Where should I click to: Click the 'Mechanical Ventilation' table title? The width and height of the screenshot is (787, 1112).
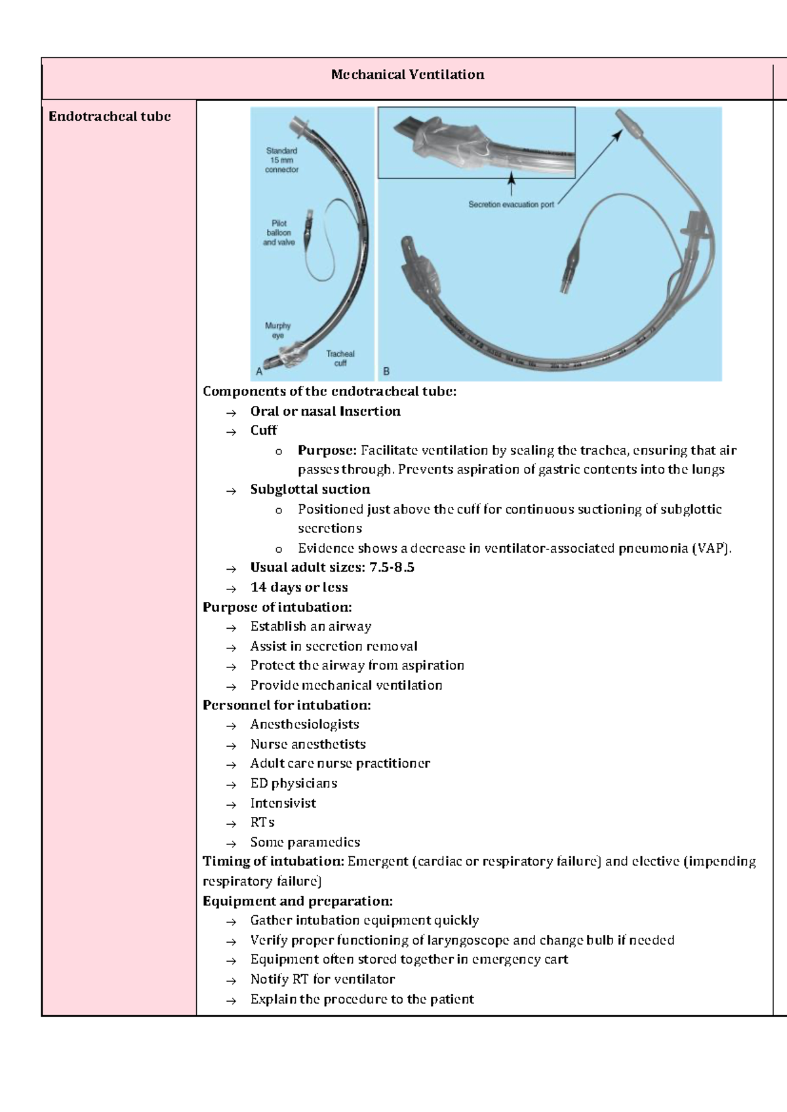[x=407, y=75]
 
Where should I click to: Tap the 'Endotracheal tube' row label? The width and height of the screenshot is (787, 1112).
[x=110, y=117]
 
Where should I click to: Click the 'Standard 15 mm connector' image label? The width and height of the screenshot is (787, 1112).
[x=281, y=160]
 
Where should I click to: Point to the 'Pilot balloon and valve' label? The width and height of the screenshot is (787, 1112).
[x=279, y=233]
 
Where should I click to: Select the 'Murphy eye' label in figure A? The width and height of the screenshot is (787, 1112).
[x=277, y=330]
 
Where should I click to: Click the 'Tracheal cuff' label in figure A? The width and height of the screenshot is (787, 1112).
[x=340, y=358]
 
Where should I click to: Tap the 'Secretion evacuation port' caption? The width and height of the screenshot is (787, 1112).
[x=511, y=205]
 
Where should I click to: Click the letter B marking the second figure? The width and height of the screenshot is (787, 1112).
[x=386, y=371]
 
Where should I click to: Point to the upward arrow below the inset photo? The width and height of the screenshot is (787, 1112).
[x=512, y=184]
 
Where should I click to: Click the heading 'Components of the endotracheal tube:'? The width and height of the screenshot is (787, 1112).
[x=329, y=391]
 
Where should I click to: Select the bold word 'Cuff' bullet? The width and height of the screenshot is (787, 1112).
[x=264, y=430]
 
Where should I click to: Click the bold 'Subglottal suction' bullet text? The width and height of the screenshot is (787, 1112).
[x=310, y=489]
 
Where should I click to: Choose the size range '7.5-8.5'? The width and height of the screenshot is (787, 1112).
[x=392, y=567]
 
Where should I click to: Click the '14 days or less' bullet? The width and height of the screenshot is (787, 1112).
[x=298, y=587]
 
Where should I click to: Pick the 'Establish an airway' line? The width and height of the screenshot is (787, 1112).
[x=310, y=626]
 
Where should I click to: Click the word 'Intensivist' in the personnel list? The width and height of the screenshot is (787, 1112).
[x=283, y=803]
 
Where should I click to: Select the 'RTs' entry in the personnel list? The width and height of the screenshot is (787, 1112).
[x=262, y=822]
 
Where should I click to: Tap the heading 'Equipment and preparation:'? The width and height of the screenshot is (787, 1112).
[x=297, y=901]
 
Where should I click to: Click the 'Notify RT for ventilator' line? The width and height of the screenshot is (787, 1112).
[x=322, y=979]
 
